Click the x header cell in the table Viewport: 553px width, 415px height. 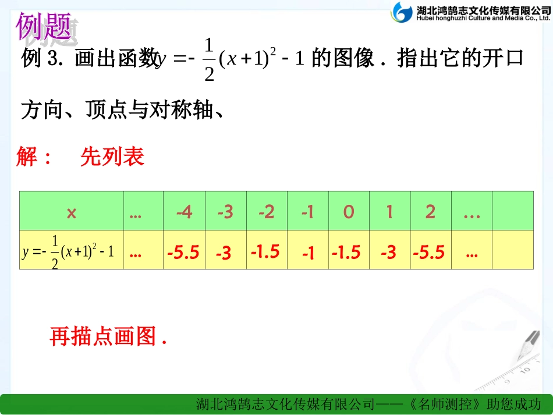pos(71,212)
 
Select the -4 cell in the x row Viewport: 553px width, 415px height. pos(185,212)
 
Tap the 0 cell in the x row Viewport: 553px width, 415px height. pos(348,212)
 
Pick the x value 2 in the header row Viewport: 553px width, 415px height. pos(430,212)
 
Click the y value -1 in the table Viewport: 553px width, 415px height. pos(308,253)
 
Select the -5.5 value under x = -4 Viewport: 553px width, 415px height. pos(183,253)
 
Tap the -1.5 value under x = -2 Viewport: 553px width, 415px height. pos(265,251)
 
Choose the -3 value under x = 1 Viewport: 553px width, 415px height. pos(388,253)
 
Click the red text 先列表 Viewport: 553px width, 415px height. pos(112,157)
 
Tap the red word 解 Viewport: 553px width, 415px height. pos(28,157)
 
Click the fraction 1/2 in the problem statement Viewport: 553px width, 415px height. pos(209,60)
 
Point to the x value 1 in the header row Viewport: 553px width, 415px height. pos(389,212)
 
